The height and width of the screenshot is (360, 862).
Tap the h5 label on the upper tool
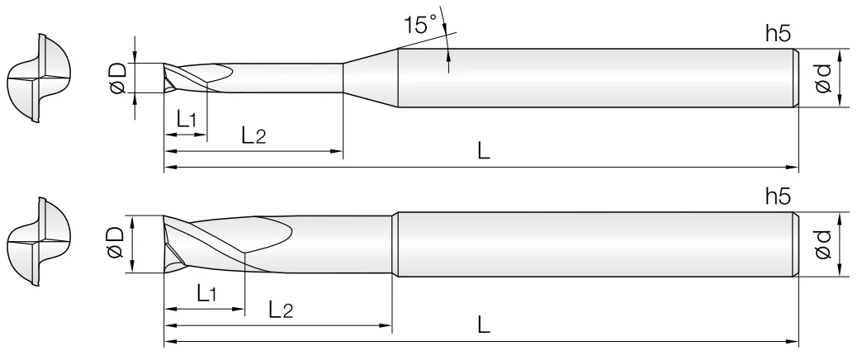pos(778,34)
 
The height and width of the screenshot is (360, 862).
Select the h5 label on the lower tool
pos(778,197)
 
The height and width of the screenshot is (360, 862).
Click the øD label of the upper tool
pos(118,78)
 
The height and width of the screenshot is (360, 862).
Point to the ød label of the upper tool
pos(822,78)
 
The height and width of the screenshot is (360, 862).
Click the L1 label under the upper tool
pos(187,119)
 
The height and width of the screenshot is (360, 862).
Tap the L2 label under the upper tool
pos(253,135)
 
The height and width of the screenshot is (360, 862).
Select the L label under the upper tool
pos(483,151)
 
